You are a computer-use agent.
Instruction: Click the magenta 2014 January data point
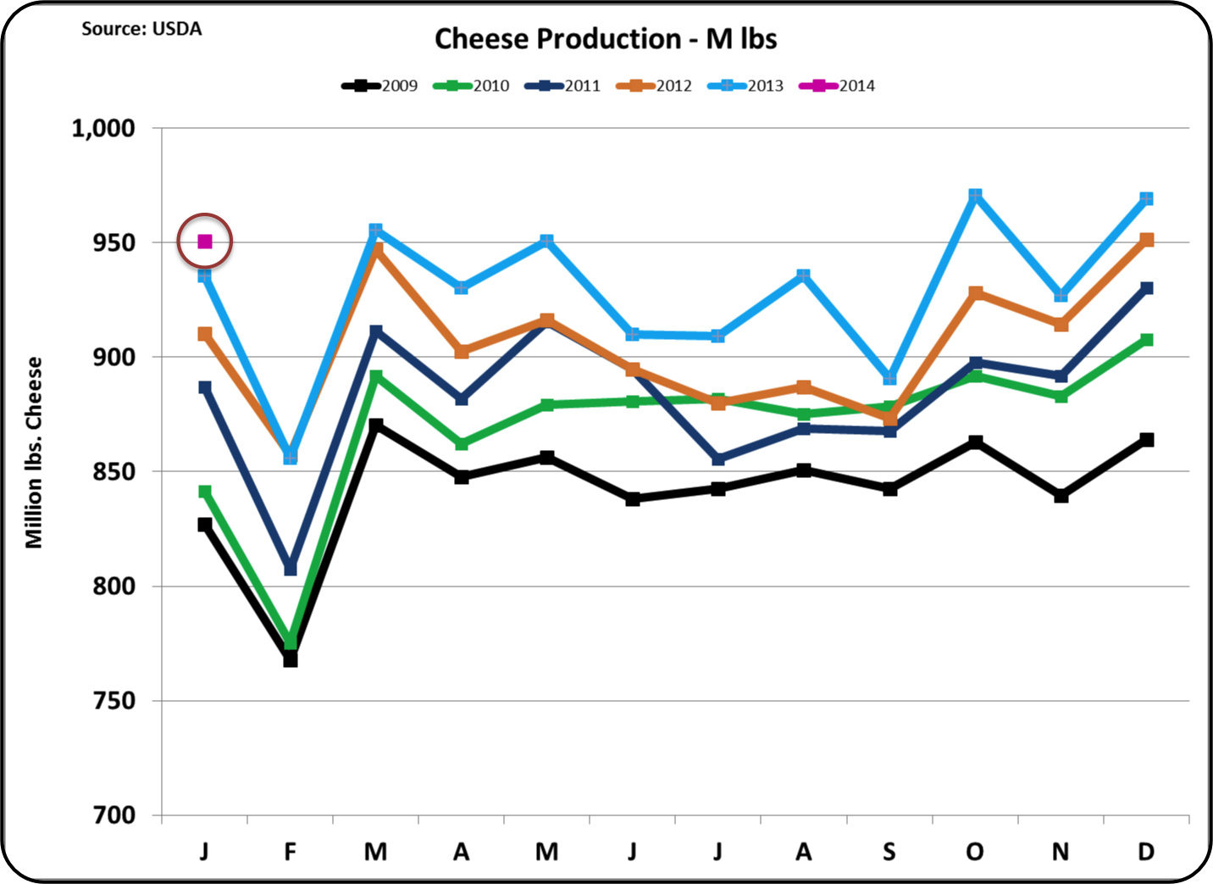point(205,242)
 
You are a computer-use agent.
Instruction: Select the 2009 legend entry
point(380,86)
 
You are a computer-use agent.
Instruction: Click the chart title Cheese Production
point(606,39)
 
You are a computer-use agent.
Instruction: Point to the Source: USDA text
point(141,29)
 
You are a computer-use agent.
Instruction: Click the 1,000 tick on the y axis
point(103,129)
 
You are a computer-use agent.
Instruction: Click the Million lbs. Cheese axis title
point(34,453)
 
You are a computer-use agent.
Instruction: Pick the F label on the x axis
point(291,851)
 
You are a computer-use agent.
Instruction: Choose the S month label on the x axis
point(889,851)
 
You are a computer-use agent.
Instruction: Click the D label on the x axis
point(1146,851)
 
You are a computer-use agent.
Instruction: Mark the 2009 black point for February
point(291,659)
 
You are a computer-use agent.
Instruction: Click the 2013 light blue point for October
point(975,196)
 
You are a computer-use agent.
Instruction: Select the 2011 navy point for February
point(291,568)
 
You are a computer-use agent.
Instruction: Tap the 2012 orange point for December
point(1146,240)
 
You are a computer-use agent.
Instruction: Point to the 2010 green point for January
point(205,492)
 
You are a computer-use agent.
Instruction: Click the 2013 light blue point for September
point(889,378)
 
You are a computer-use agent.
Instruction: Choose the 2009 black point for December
point(1146,440)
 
